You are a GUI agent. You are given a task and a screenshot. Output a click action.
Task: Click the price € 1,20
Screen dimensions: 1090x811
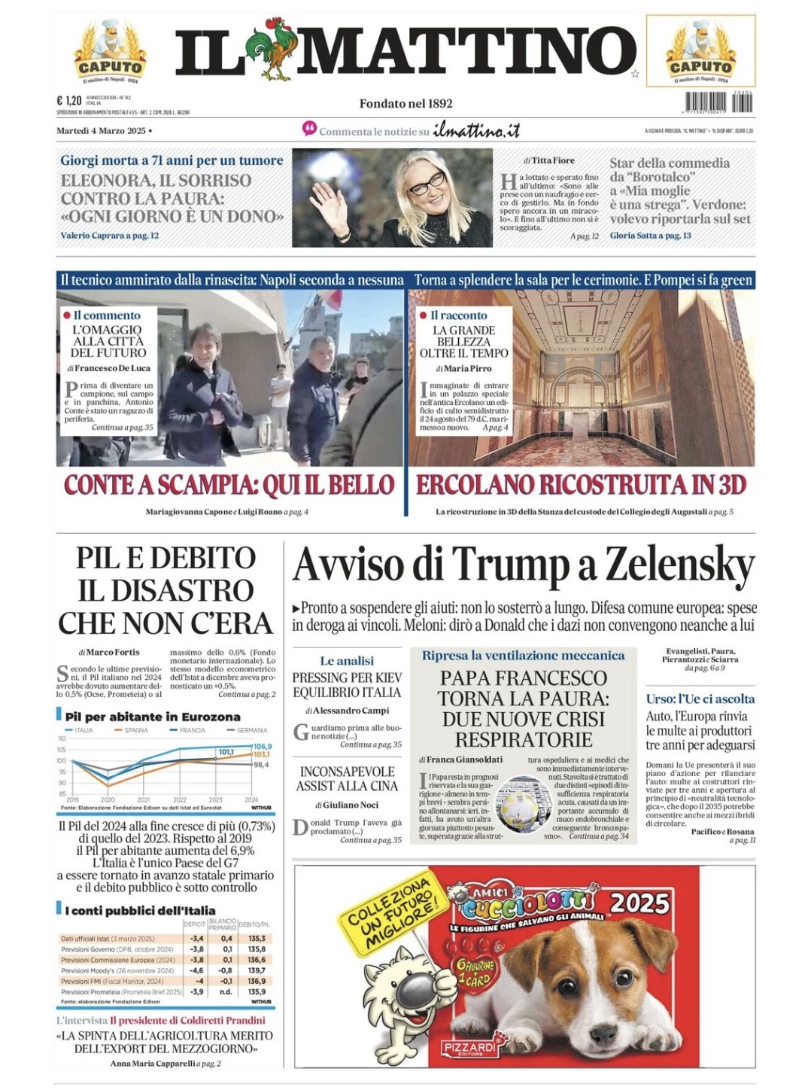point(69,100)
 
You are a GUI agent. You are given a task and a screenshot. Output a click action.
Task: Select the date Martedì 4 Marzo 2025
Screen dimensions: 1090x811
point(101,131)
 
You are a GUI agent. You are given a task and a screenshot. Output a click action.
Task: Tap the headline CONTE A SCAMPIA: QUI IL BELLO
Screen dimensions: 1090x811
point(229,486)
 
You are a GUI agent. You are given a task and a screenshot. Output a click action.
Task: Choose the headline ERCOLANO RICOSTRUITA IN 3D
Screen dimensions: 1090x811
point(581,486)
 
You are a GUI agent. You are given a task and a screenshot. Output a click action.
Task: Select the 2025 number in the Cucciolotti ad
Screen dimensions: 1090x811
point(640,902)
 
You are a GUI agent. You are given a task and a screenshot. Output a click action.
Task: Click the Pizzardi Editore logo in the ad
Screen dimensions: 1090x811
point(470,1048)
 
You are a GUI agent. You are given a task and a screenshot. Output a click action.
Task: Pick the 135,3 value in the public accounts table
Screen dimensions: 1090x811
point(257,939)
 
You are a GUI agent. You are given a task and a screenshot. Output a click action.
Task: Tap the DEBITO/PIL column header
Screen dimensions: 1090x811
point(256,924)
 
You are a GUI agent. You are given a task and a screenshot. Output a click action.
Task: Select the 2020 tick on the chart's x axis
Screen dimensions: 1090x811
point(108,799)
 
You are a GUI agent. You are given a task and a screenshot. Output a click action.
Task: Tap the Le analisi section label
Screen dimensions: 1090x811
point(346,660)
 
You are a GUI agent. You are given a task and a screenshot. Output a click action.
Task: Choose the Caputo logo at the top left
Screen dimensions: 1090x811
point(111,52)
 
